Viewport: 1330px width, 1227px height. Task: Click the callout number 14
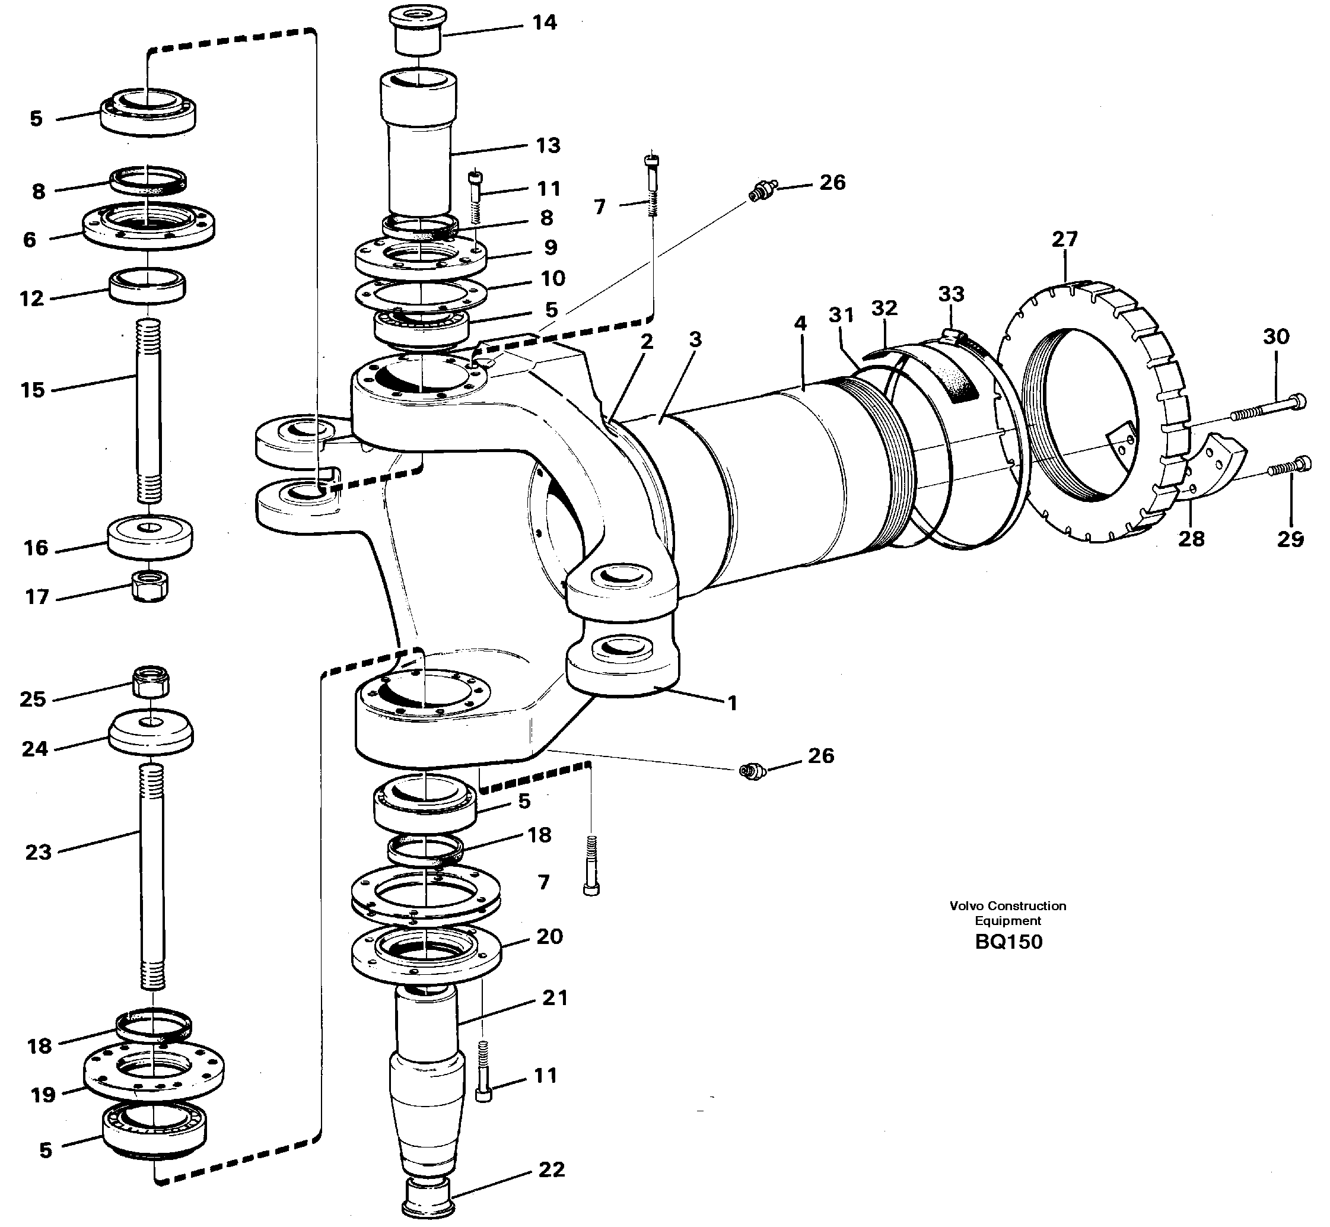(544, 23)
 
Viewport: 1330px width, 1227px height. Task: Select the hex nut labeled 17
(151, 586)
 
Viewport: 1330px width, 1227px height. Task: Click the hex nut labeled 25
(151, 681)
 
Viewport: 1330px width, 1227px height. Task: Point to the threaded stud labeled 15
(149, 412)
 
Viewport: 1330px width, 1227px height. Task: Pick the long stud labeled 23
(152, 876)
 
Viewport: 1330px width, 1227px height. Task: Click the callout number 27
(1064, 239)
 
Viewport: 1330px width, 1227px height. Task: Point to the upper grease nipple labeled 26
(762, 190)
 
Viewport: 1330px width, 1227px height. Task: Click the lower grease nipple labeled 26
(753, 771)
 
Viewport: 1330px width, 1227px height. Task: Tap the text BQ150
(1008, 942)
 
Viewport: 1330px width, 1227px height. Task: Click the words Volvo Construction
(1007, 905)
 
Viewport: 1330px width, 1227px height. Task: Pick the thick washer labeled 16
(151, 537)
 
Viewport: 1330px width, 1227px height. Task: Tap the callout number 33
(951, 294)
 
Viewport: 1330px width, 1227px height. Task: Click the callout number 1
(732, 703)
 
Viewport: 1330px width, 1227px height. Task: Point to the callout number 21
(554, 998)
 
